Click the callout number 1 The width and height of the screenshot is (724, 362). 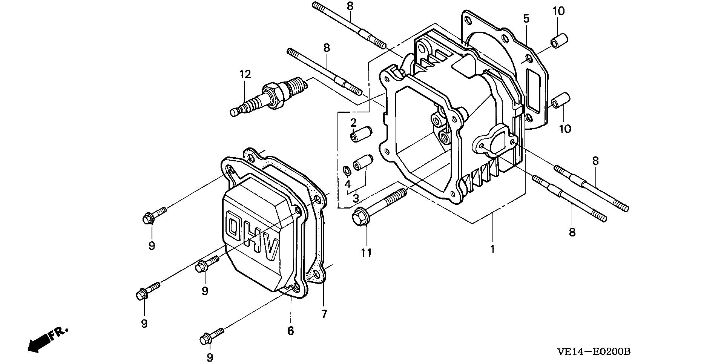(x=492, y=249)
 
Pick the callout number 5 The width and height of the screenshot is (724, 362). (x=526, y=18)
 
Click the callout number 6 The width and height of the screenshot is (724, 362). (x=290, y=331)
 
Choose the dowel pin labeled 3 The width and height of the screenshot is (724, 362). (x=362, y=163)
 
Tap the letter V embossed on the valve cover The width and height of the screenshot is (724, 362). (x=272, y=249)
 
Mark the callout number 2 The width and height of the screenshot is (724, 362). (x=353, y=122)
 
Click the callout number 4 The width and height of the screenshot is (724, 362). (x=347, y=184)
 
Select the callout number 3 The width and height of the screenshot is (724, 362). (x=356, y=198)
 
